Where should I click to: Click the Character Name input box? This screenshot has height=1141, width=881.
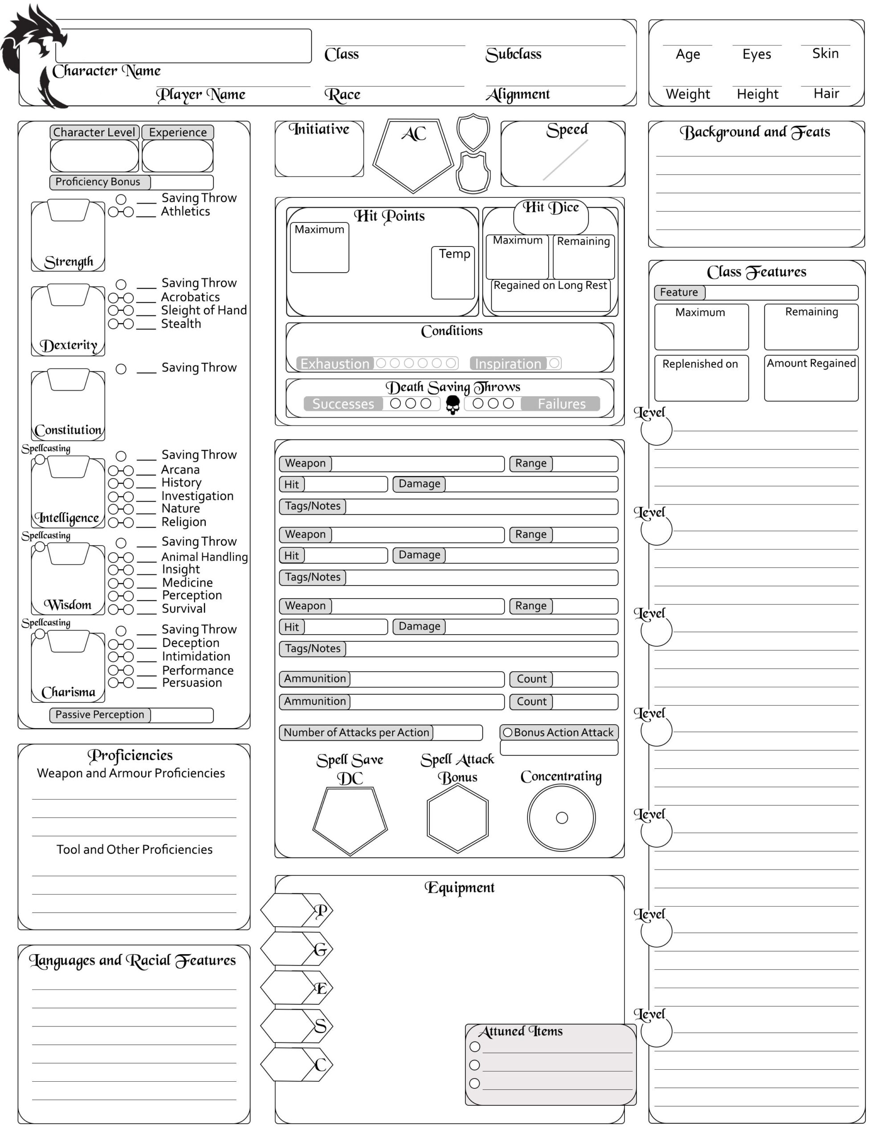click(x=183, y=46)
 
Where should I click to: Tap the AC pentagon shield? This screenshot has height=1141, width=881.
click(x=412, y=154)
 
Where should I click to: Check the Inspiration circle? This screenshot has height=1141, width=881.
click(x=554, y=363)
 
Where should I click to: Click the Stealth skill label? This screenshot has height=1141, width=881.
click(x=181, y=324)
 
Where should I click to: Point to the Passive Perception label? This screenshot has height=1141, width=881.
click(x=100, y=715)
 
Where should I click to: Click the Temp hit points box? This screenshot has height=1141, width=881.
click(x=453, y=274)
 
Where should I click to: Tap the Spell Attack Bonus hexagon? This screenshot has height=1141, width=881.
click(x=457, y=818)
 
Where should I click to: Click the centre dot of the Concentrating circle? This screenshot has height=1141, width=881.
click(x=561, y=817)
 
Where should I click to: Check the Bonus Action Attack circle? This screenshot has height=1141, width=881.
click(x=507, y=732)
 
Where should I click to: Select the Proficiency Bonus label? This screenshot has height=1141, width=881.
click(x=98, y=182)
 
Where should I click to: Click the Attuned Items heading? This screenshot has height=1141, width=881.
click(x=521, y=1031)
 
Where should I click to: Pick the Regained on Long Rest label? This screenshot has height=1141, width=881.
click(x=550, y=285)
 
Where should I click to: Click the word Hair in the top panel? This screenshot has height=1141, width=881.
click(x=826, y=94)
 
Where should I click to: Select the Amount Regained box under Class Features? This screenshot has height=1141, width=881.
click(x=811, y=379)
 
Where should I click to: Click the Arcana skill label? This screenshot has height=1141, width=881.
click(x=180, y=470)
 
